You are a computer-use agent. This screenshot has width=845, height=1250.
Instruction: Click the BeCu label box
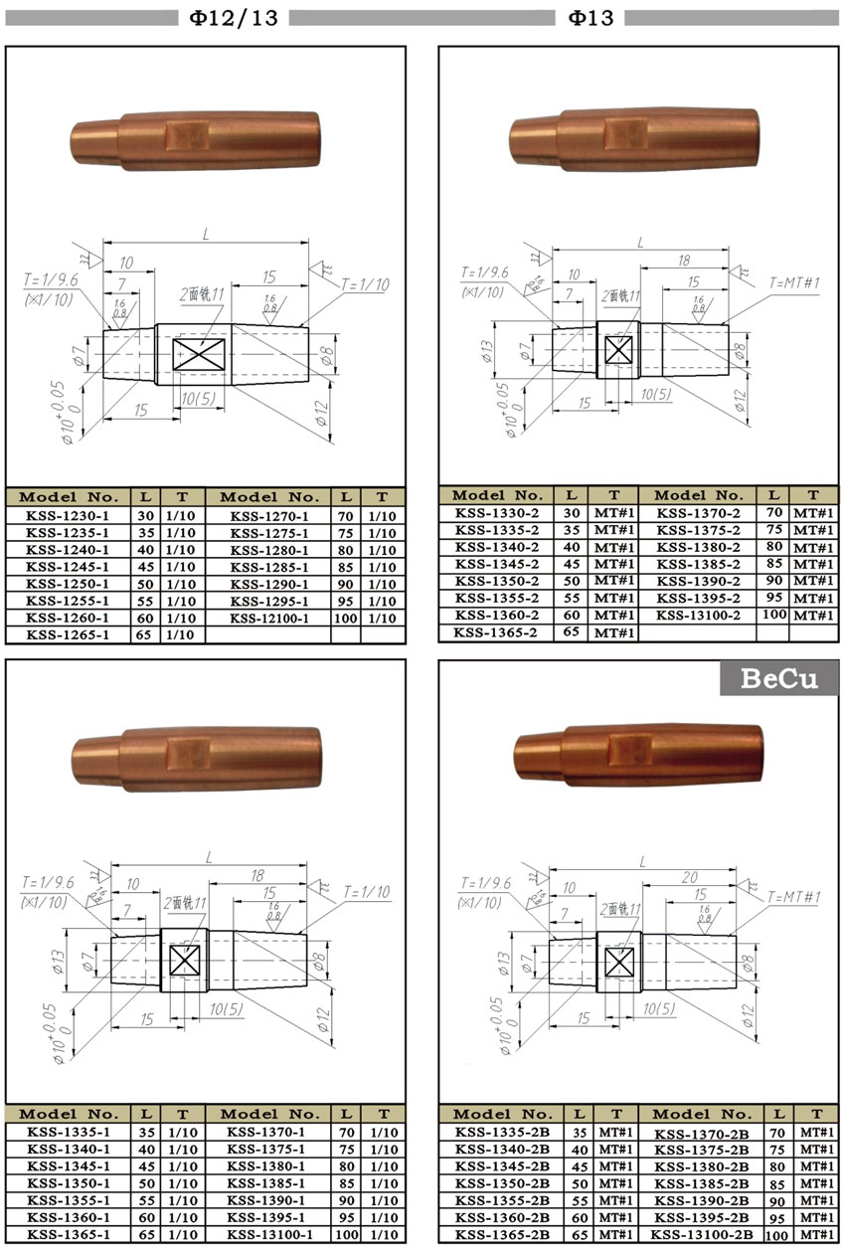pyautogui.click(x=779, y=678)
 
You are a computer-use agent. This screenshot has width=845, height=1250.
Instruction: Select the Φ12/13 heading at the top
pyautogui.click(x=235, y=17)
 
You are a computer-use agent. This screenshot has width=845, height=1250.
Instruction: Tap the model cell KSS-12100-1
pyautogui.click(x=269, y=618)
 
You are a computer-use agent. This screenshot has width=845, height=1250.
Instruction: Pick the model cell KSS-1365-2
pyautogui.click(x=497, y=631)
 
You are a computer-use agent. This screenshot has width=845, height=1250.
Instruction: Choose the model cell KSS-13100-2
pyautogui.click(x=697, y=616)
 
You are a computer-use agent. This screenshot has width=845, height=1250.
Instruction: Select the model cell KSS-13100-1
pyautogui.click(x=269, y=1234)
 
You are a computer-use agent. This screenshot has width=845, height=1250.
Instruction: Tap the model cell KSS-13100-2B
pyautogui.click(x=702, y=1234)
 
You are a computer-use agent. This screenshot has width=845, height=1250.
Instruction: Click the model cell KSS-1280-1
pyautogui.click(x=269, y=550)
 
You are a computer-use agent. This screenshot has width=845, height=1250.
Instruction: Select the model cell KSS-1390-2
pyautogui.click(x=697, y=582)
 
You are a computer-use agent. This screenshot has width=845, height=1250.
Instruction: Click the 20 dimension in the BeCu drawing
pyautogui.click(x=690, y=878)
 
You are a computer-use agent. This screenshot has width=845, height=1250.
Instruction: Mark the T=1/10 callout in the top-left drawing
pyautogui.click(x=365, y=285)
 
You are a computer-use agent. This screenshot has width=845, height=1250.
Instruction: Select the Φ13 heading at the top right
pyautogui.click(x=591, y=17)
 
